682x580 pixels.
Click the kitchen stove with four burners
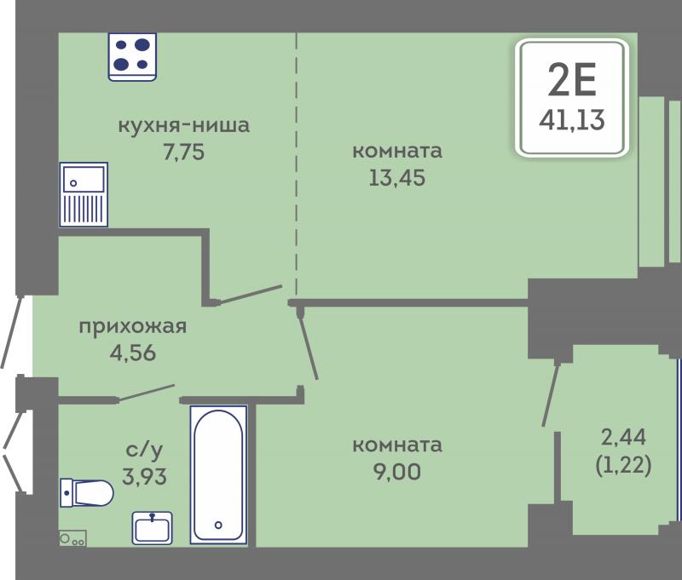point(132,57)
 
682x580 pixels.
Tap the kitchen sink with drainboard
point(84,195)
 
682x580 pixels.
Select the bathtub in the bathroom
point(218,475)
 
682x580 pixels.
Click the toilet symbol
point(87,493)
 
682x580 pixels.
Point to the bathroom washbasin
point(153,528)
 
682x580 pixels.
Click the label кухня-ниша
point(184,125)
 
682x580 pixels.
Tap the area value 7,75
point(183,152)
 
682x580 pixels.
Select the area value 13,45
point(397,178)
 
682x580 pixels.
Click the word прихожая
point(133,327)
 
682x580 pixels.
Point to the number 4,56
point(133,353)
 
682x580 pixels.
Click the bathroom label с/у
point(144,449)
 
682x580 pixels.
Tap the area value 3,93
point(144,477)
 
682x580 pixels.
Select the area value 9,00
point(397,472)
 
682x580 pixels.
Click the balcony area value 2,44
point(623,437)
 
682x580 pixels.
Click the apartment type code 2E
point(572,79)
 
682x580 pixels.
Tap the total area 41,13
point(572,120)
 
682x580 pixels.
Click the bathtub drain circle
point(218,525)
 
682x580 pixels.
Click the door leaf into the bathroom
point(146,393)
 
